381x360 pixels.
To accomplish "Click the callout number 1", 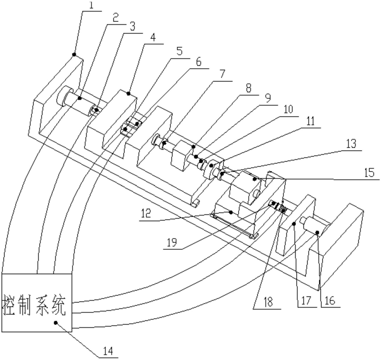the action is coord(91,5).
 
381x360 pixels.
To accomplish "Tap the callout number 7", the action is coord(222,74).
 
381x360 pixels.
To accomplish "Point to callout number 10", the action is coord(288,110).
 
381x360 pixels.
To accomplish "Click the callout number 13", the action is coord(352,144).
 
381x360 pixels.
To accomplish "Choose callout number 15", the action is coord(369,173).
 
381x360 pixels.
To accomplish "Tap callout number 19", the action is coord(172,242).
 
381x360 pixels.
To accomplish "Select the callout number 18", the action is coord(268,302).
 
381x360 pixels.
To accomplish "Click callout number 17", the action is coord(306,301).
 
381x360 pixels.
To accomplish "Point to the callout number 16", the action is coord(330,301).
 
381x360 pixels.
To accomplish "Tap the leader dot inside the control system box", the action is coord(56,322).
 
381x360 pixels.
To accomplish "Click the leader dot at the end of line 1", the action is coord(74,54).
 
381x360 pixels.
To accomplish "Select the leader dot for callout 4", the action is coord(129,94).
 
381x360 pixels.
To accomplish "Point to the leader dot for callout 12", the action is coord(230,212).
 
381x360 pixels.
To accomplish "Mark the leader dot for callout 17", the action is coord(294,223).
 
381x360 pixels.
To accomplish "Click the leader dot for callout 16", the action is coord(317,232).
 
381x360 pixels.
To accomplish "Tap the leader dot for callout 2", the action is coord(80,98).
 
